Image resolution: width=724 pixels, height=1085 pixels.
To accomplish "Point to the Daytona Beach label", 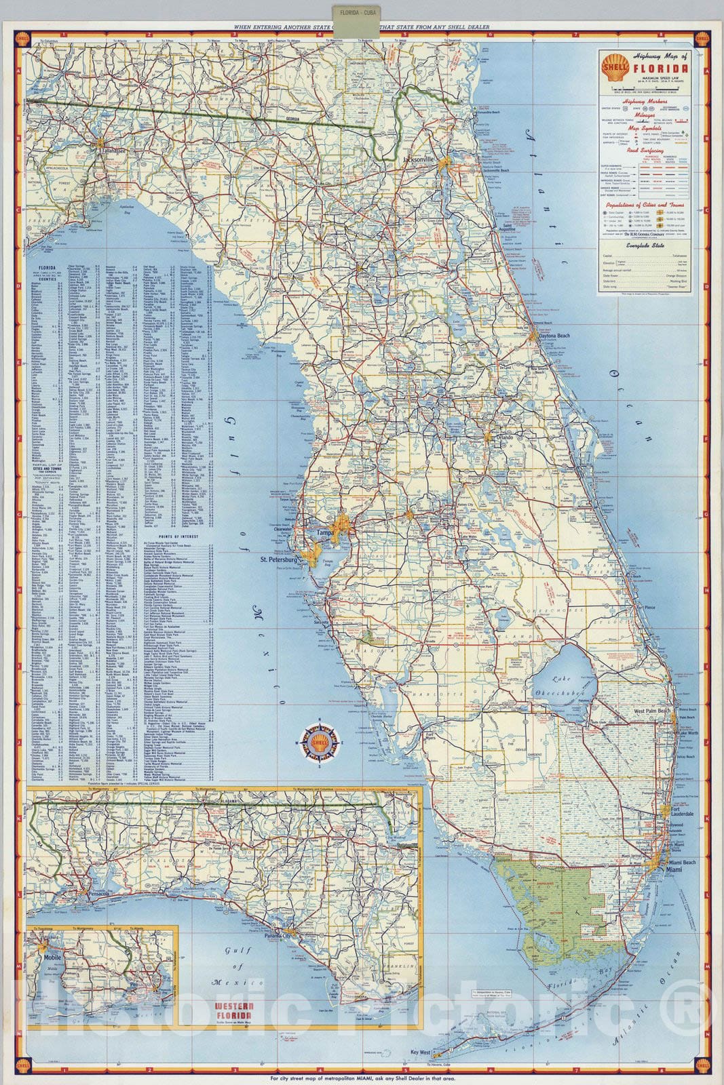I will pyautogui.click(x=554, y=336).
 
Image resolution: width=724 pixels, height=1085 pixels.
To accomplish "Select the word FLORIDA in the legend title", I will pyautogui.click(x=660, y=68).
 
